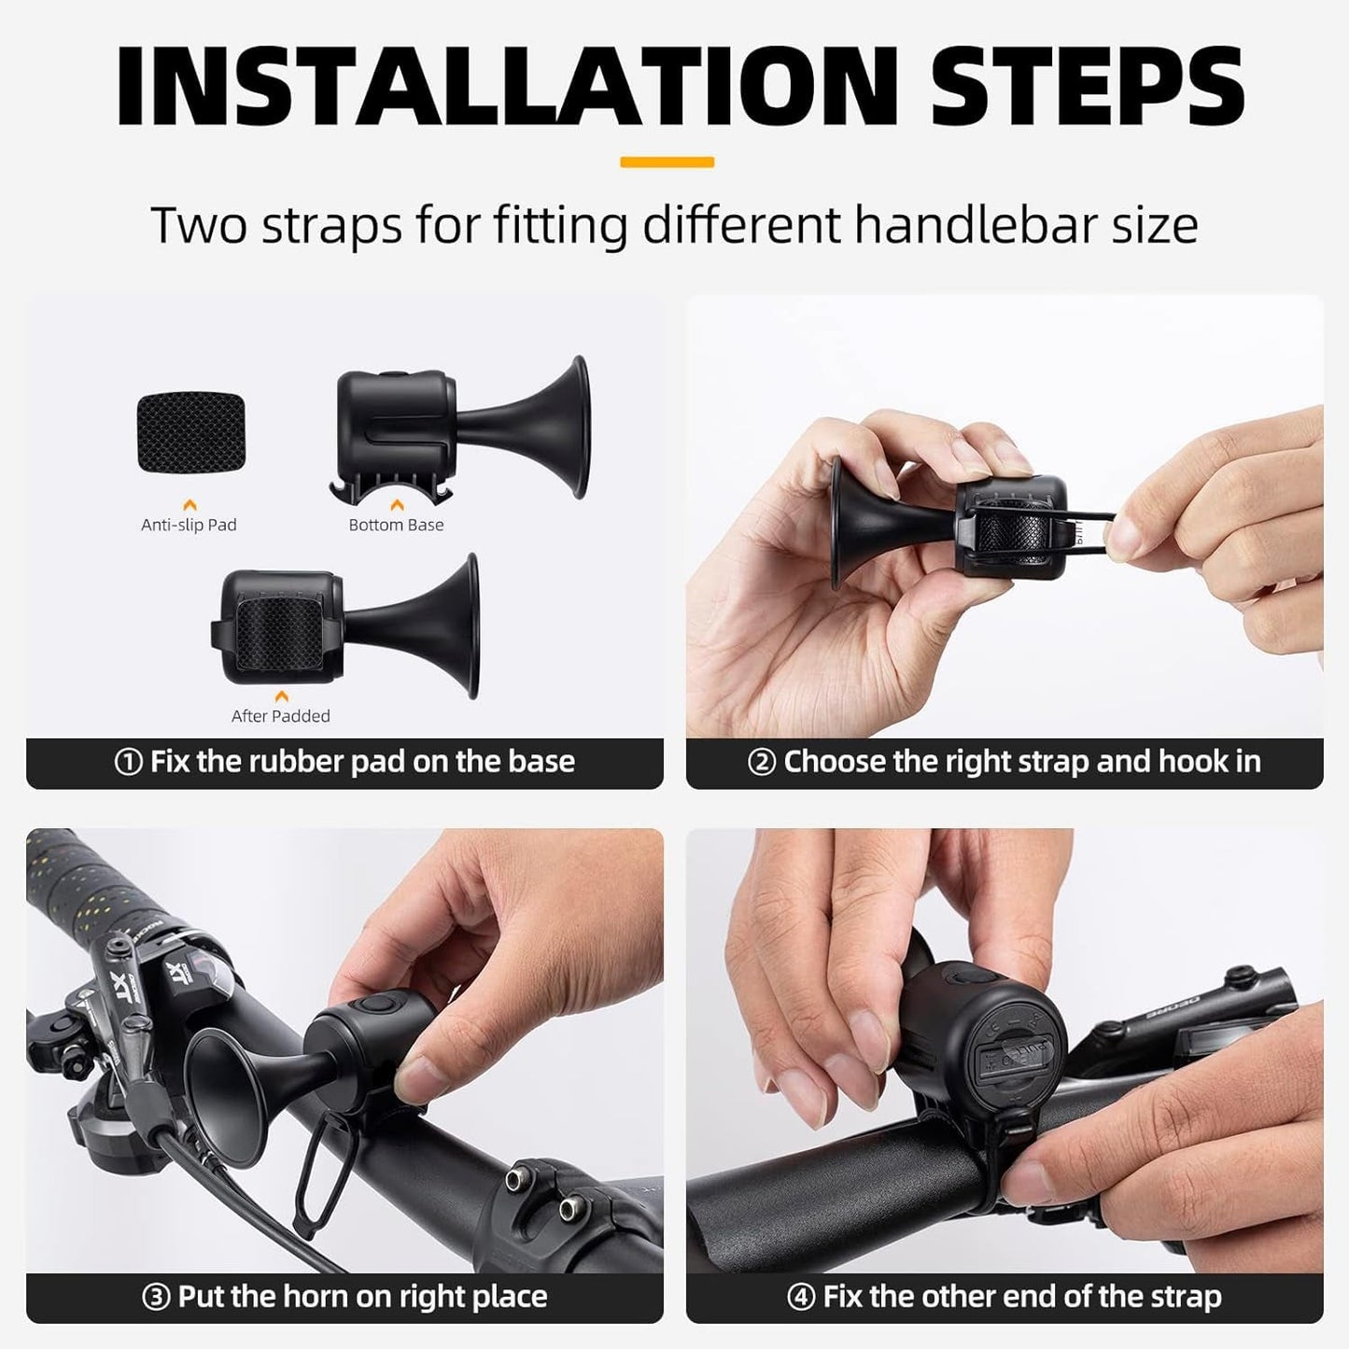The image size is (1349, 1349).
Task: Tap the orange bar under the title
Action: tap(667, 162)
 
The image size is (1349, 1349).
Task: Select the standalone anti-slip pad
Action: tap(190, 432)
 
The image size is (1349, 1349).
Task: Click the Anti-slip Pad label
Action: tap(189, 525)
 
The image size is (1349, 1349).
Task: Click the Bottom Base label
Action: tap(396, 525)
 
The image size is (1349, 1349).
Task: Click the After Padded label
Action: tap(280, 716)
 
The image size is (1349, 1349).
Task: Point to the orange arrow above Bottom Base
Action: tap(397, 505)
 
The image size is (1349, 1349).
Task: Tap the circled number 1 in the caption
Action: tap(128, 763)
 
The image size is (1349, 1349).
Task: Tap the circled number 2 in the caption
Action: tap(762, 763)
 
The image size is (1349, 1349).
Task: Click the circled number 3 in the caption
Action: tap(155, 1298)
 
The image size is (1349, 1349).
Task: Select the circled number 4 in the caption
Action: tap(800, 1298)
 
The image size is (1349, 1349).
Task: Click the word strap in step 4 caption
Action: tap(1178, 1298)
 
